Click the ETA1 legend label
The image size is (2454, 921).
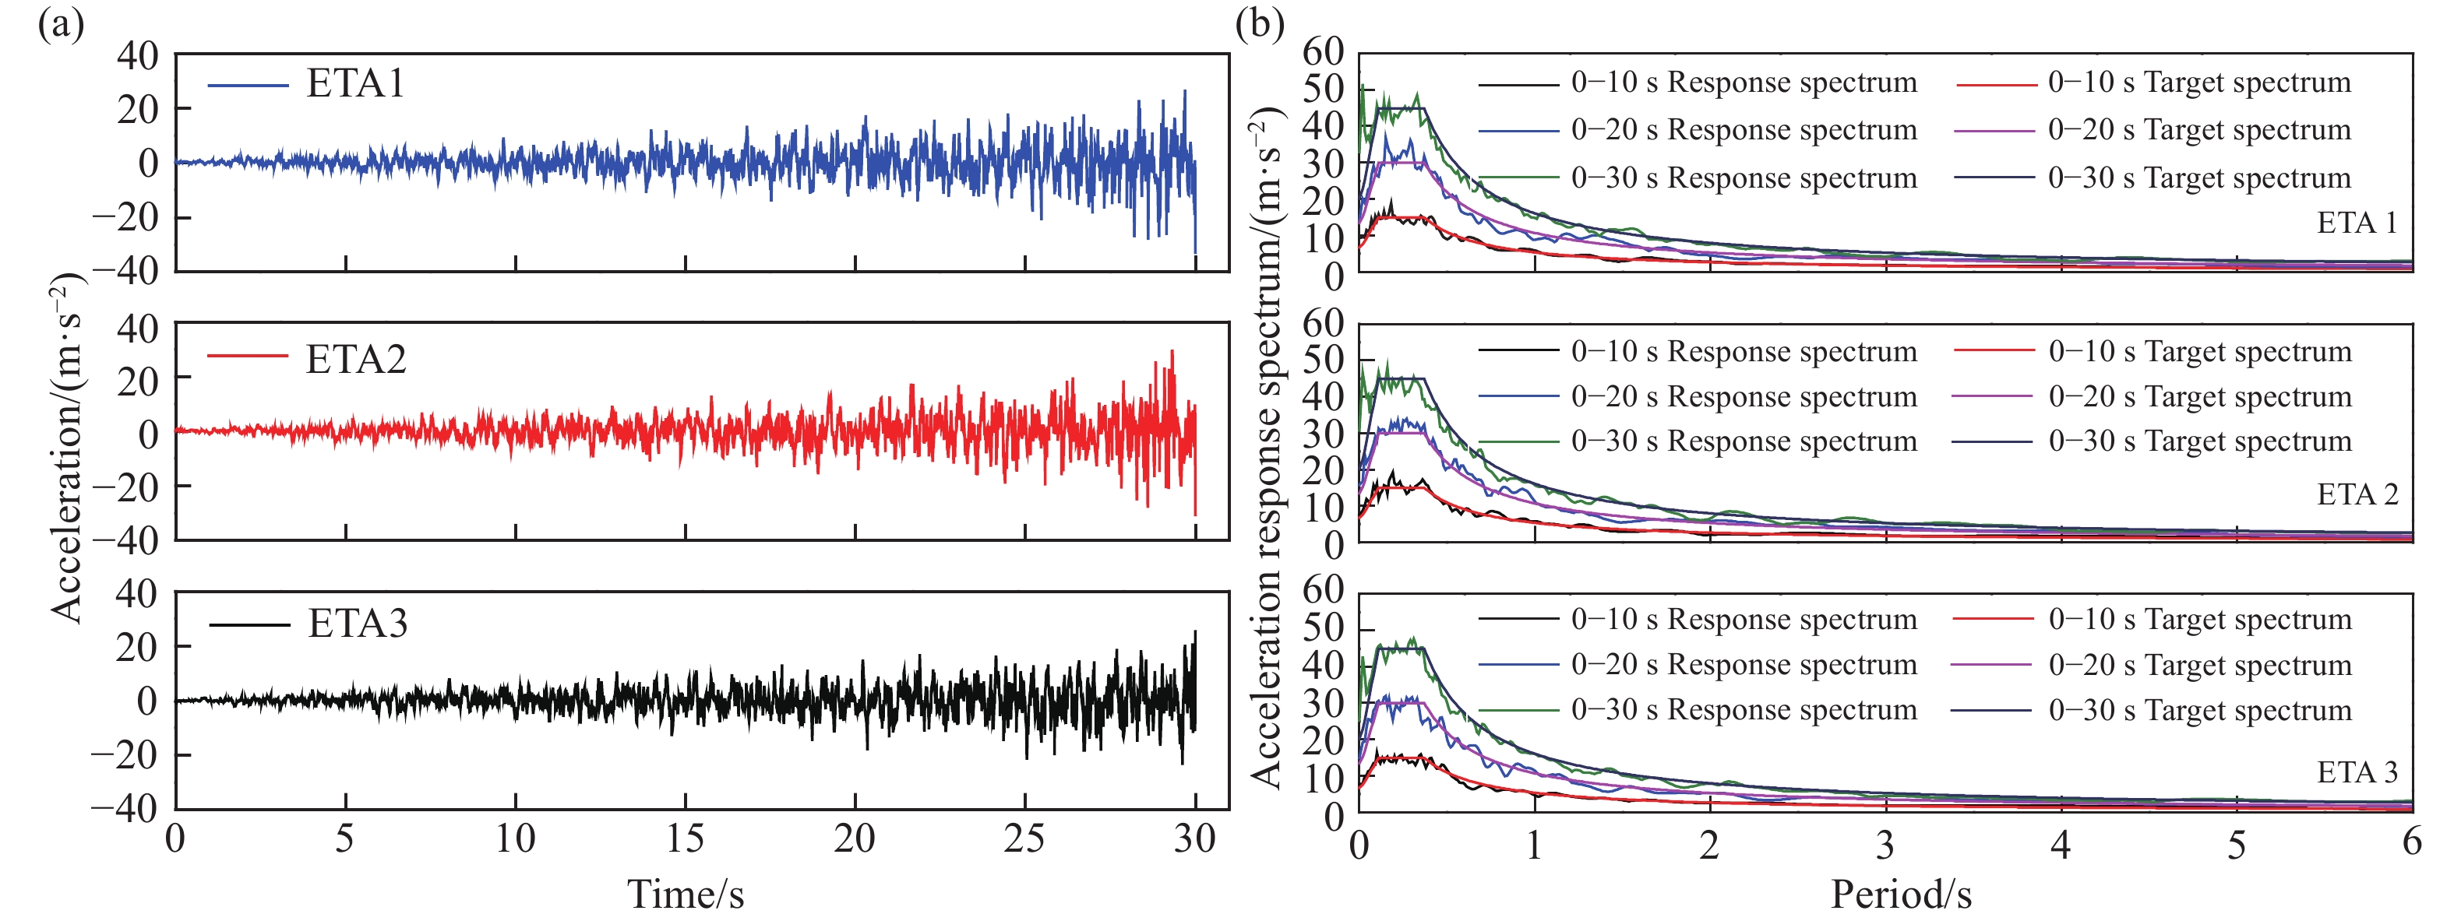pyautogui.click(x=355, y=84)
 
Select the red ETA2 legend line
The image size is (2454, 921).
pyautogui.click(x=248, y=357)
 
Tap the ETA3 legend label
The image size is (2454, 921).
pyautogui.click(x=358, y=624)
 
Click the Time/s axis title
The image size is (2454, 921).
pyautogui.click(x=685, y=894)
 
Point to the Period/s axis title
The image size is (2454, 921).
pyautogui.click(x=1901, y=894)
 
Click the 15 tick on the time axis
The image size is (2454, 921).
pyautogui.click(x=685, y=839)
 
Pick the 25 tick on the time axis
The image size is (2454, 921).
pyautogui.click(x=1025, y=839)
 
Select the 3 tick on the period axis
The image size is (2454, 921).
pyautogui.click(x=1885, y=845)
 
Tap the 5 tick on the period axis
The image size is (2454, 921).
pyautogui.click(x=2236, y=845)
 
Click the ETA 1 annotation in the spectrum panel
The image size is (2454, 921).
pyautogui.click(x=2357, y=223)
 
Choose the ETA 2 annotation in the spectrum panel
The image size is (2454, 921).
pyautogui.click(x=2357, y=495)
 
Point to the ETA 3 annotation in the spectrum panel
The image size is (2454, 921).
pyautogui.click(x=2357, y=772)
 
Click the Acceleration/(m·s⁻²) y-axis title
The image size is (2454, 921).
pyautogui.click(x=69, y=448)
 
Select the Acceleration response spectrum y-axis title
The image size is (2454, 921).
pyautogui.click(x=1267, y=448)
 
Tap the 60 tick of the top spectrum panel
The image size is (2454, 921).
pyautogui.click(x=1324, y=51)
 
